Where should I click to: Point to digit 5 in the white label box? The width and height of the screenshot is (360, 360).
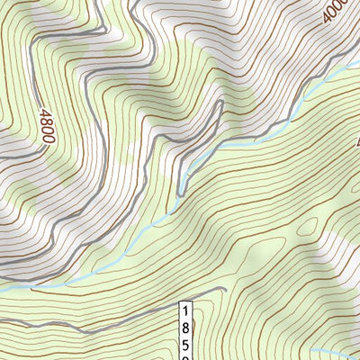186,343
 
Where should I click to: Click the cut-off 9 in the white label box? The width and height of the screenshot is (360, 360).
186,356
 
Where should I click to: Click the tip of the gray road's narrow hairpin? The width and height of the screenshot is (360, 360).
219,104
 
